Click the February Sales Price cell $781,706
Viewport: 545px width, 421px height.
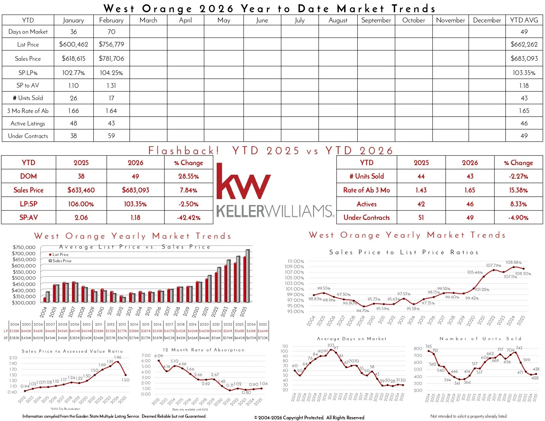click(111, 58)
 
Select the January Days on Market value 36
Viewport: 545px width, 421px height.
click(73, 32)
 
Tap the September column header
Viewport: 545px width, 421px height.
click(376, 20)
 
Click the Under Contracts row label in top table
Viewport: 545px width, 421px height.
click(28, 136)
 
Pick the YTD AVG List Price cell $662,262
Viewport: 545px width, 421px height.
click(524, 44)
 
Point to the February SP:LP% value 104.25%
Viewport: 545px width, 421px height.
click(111, 73)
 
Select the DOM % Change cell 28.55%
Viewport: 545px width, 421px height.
click(189, 176)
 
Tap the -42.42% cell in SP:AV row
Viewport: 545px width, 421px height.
click(189, 218)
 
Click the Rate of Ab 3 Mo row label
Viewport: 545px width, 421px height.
click(366, 190)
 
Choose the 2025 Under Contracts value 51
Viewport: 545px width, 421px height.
click(421, 218)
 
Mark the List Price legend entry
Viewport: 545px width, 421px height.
click(60, 255)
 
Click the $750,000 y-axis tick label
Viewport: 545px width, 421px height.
click(24, 247)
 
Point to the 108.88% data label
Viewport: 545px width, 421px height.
click(514, 263)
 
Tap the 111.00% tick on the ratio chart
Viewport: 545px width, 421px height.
click(296, 261)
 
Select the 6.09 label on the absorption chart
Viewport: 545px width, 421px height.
click(159, 356)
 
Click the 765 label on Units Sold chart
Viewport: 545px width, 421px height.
click(428, 346)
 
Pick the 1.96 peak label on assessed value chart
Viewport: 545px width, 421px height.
click(118, 357)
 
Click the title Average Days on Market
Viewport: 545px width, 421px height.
click(351, 339)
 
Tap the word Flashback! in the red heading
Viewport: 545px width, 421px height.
click(184, 151)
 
